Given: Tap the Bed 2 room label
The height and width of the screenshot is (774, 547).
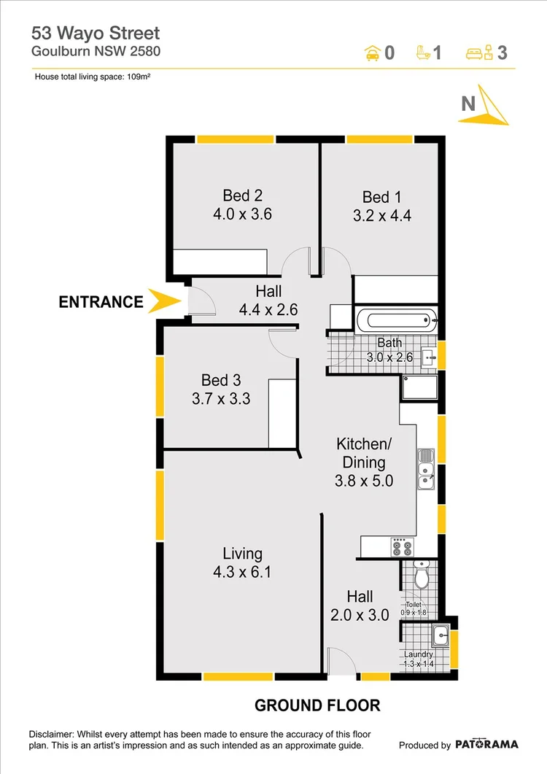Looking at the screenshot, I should (242, 196).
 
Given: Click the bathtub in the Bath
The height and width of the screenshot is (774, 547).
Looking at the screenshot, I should (395, 320).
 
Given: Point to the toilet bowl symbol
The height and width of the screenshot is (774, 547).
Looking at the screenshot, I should (421, 578).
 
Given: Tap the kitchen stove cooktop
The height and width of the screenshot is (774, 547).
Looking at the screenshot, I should (401, 548).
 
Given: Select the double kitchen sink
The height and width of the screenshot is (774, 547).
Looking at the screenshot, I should (425, 468).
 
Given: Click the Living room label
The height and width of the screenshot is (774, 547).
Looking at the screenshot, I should (242, 554).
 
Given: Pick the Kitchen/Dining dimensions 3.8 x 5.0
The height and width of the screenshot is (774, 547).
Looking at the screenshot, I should (364, 481).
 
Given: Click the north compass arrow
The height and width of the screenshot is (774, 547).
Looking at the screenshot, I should (487, 106).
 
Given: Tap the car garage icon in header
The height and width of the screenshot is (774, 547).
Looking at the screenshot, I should (371, 53).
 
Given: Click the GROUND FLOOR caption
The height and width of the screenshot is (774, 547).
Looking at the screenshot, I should (317, 705).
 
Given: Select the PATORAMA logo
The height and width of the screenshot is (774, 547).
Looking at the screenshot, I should (487, 745).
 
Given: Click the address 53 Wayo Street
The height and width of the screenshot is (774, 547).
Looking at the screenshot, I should (95, 33).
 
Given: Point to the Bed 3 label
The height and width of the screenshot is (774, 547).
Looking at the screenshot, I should (221, 380).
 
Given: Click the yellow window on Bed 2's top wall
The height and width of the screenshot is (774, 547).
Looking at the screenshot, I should (235, 139).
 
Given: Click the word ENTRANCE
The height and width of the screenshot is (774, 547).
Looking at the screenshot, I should (101, 301).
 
